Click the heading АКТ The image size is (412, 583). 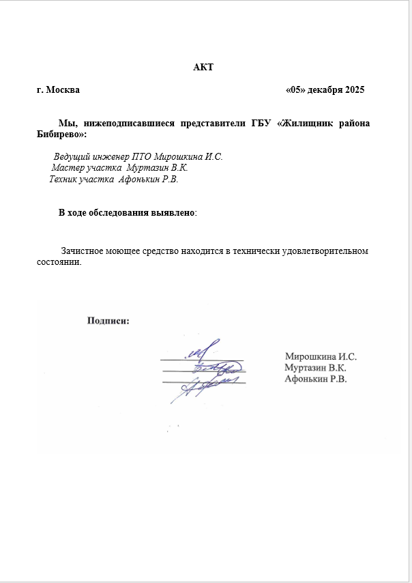point(203,67)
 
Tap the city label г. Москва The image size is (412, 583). point(58,90)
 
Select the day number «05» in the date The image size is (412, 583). point(295,90)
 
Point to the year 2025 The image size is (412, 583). point(355,90)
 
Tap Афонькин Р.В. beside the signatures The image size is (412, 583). point(316,379)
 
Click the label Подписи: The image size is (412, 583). point(108,320)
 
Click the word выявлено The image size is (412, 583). point(173,213)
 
